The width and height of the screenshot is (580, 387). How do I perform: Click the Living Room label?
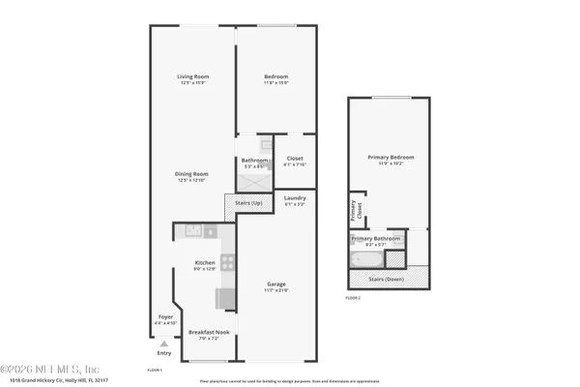(193, 76)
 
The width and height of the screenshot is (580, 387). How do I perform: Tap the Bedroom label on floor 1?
(276, 76)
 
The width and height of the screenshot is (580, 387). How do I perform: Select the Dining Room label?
(191, 173)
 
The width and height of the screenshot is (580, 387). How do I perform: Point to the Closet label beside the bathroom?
(294, 160)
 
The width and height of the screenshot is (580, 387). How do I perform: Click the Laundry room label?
(295, 198)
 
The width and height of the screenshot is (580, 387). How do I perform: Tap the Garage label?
(277, 283)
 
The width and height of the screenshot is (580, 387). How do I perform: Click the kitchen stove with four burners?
(228, 261)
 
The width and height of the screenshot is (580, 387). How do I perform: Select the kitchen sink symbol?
(191, 231)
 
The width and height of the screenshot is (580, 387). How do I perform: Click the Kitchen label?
(204, 263)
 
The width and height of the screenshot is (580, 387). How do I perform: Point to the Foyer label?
(165, 316)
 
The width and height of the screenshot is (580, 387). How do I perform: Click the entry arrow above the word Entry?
(164, 343)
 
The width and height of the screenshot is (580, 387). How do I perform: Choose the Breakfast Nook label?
(202, 333)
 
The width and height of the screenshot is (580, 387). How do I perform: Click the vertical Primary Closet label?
(353, 209)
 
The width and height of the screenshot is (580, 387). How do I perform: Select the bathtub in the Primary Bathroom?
(368, 259)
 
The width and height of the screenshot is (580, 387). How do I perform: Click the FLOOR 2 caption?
(353, 299)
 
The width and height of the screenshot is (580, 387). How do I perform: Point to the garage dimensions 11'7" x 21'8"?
(277, 289)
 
